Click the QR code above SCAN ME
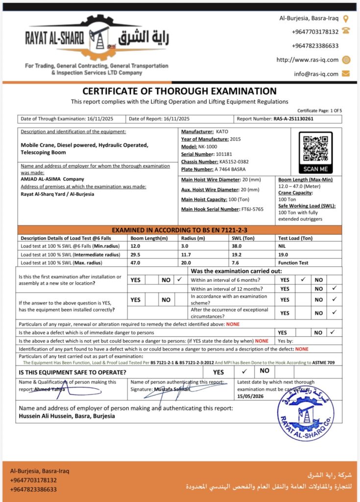tap(315, 149)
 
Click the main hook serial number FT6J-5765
tap(252, 209)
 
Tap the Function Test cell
tap(293, 262)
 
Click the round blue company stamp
tap(306, 412)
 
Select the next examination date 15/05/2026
tap(249, 396)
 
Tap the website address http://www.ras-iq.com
tap(308, 60)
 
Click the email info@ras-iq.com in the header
tap(316, 74)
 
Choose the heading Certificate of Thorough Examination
tap(179, 91)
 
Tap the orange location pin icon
tap(346, 19)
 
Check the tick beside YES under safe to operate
tap(244, 371)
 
